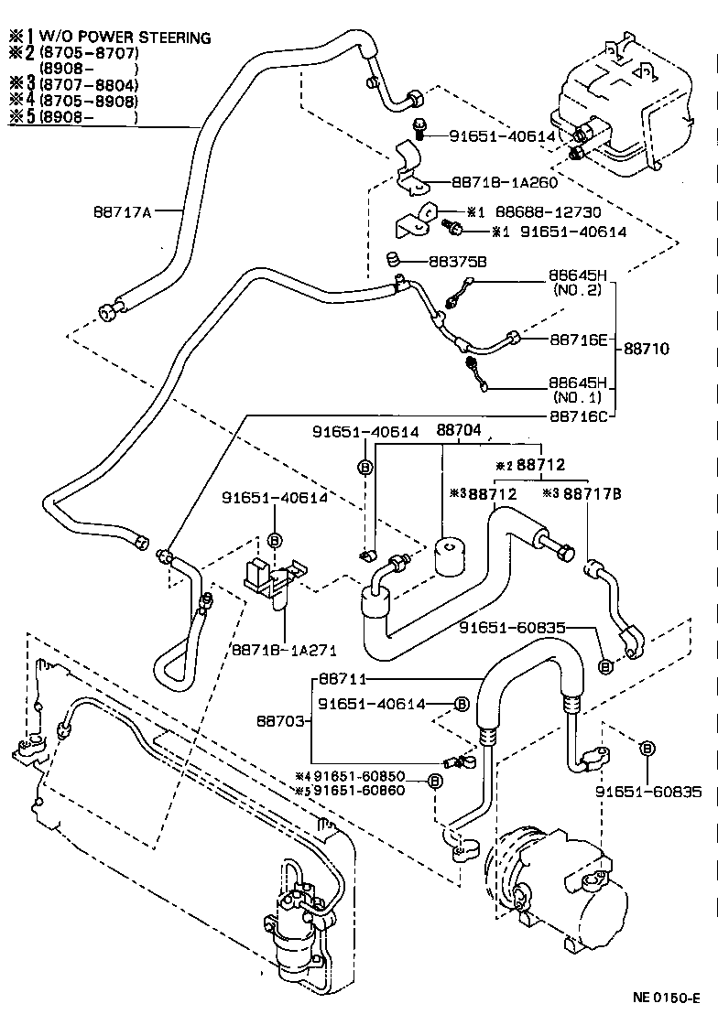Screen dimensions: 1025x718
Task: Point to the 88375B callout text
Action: [x=458, y=261]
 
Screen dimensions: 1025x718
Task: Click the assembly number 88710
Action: [x=647, y=349]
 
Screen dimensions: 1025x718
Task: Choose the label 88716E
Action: [x=579, y=340]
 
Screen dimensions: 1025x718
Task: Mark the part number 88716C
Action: [x=579, y=415]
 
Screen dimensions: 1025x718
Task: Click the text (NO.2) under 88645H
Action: [x=577, y=290]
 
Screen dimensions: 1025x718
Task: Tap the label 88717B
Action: [x=593, y=493]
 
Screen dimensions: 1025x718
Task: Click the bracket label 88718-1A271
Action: [x=286, y=651]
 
